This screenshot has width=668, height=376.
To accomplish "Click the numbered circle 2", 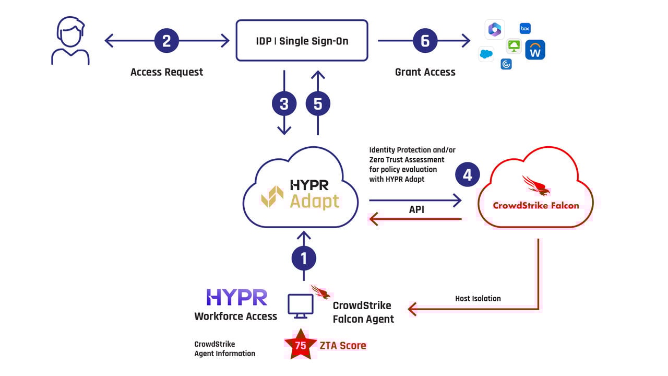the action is pos(166,41).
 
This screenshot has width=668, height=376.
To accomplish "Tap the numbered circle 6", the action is pos(425,41).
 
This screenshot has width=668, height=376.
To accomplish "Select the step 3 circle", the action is pos(284,104).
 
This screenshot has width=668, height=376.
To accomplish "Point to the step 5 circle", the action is pos(318,104).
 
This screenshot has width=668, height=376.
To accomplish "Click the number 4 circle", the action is pos(467,174).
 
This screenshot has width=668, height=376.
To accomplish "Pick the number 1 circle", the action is pos(304,258).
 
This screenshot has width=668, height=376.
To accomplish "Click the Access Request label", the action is pos(166,72).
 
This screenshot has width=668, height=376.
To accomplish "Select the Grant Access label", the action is pos(425,72).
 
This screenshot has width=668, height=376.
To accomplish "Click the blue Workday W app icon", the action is pos(535,50).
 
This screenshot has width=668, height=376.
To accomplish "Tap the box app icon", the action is pos(525,29).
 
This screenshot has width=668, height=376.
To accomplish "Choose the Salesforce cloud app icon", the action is pos(486,54).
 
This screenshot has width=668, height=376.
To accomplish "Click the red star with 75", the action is pos(300,344).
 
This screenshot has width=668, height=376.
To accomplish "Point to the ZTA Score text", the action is pos(343,346).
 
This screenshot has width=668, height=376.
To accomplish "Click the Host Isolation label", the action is pos(478,298).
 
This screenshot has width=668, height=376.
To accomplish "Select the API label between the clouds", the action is pos(416,209).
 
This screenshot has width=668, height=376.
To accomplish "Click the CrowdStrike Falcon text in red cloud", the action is pos(536,206).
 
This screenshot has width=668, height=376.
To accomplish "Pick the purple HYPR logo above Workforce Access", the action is pos(237,297).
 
